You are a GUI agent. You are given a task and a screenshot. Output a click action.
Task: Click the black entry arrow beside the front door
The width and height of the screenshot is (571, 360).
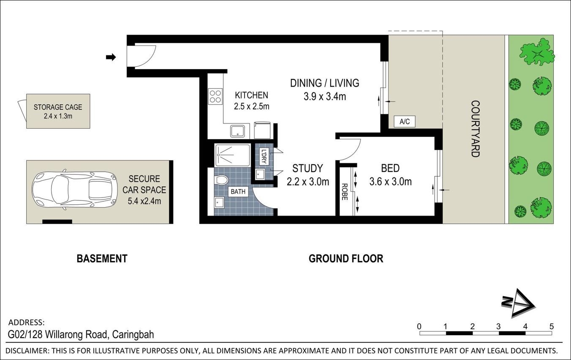(x=111, y=57)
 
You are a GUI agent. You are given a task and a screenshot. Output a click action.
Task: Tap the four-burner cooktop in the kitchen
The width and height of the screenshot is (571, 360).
(x=215, y=97)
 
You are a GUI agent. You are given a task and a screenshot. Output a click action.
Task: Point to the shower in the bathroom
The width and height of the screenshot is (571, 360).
(x=232, y=155)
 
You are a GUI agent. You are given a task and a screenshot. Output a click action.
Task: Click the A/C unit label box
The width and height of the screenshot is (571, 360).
(x=404, y=122)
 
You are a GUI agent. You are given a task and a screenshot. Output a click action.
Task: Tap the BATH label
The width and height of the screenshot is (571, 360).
(x=238, y=192)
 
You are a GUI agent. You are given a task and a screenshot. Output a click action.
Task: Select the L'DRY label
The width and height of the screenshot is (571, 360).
(x=263, y=157)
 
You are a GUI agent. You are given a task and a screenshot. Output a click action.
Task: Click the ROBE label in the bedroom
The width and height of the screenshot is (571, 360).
(x=345, y=192)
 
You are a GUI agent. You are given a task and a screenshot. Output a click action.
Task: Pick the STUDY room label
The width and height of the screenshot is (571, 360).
(x=307, y=169)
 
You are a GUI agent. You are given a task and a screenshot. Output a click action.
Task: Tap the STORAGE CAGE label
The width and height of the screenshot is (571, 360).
(x=58, y=107)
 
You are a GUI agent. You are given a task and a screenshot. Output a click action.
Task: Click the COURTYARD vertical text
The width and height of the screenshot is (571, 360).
(x=475, y=129)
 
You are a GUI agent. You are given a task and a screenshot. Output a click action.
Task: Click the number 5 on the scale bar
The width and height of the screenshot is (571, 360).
(x=552, y=326)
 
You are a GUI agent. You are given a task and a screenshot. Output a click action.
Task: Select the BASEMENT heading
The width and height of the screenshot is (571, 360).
(x=102, y=258)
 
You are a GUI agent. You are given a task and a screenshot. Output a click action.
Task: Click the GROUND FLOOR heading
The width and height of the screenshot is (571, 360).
(x=346, y=258)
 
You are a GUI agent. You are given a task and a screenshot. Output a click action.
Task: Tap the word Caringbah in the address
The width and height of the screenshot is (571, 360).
(x=133, y=335)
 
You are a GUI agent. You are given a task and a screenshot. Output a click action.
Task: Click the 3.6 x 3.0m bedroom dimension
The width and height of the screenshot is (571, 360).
(x=390, y=182)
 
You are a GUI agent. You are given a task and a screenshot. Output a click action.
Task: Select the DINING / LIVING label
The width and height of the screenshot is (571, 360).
(x=324, y=83)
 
